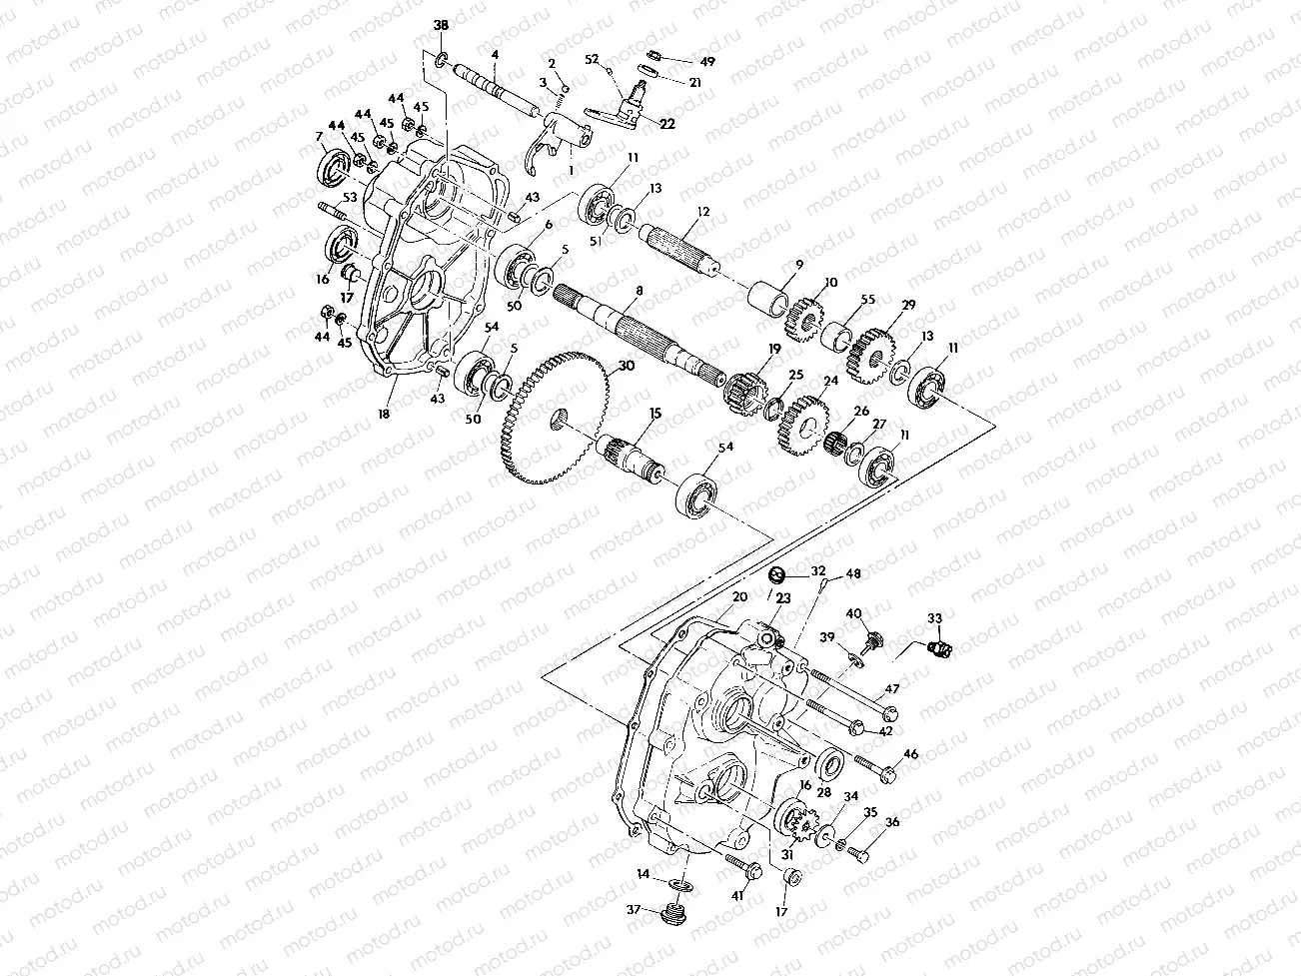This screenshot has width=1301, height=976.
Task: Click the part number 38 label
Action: point(441,23)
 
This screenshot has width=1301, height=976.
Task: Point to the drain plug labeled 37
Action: point(679,911)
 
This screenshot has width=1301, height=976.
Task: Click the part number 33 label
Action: point(934,618)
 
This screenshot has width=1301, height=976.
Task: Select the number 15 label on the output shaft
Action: point(655,413)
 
